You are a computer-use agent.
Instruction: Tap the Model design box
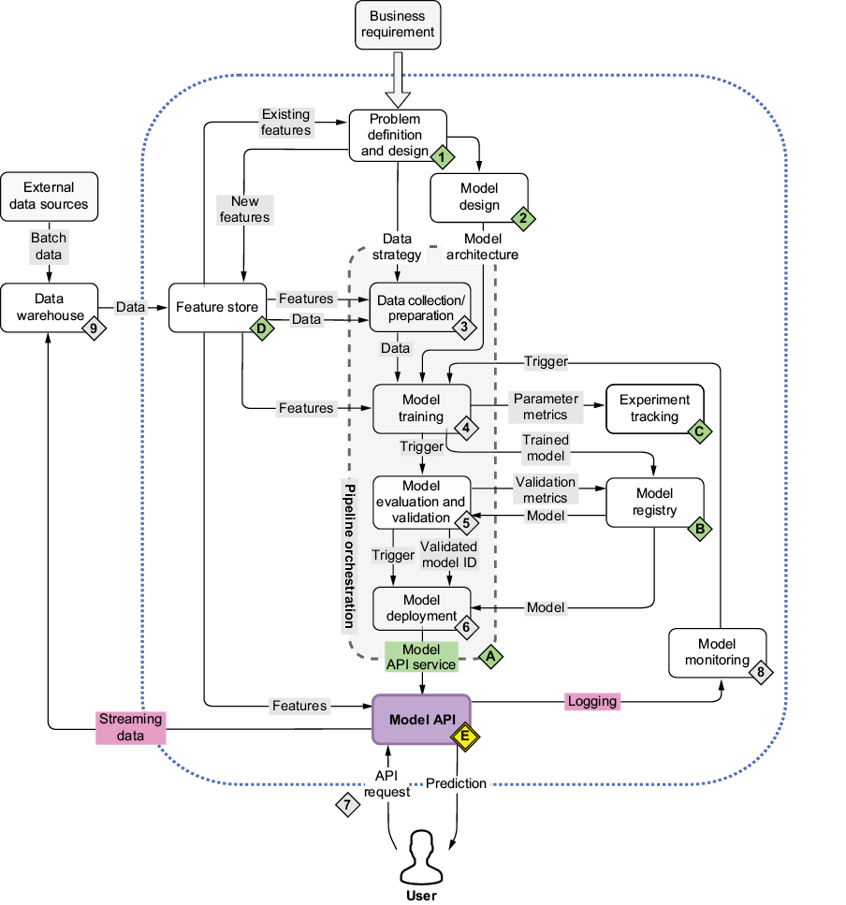[478, 197]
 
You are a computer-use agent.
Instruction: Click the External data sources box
[49, 196]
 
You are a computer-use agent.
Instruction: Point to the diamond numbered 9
[93, 328]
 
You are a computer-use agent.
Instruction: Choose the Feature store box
[214, 307]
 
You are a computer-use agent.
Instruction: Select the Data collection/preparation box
[420, 307]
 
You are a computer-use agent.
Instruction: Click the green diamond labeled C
[698, 431]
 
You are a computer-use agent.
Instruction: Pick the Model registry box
[654, 503]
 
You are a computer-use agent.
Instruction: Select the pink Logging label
[592, 701]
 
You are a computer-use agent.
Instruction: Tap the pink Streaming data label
[131, 727]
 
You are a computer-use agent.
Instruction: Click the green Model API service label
[421, 657]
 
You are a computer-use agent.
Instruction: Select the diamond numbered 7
[347, 804]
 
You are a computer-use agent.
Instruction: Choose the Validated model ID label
[449, 554]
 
